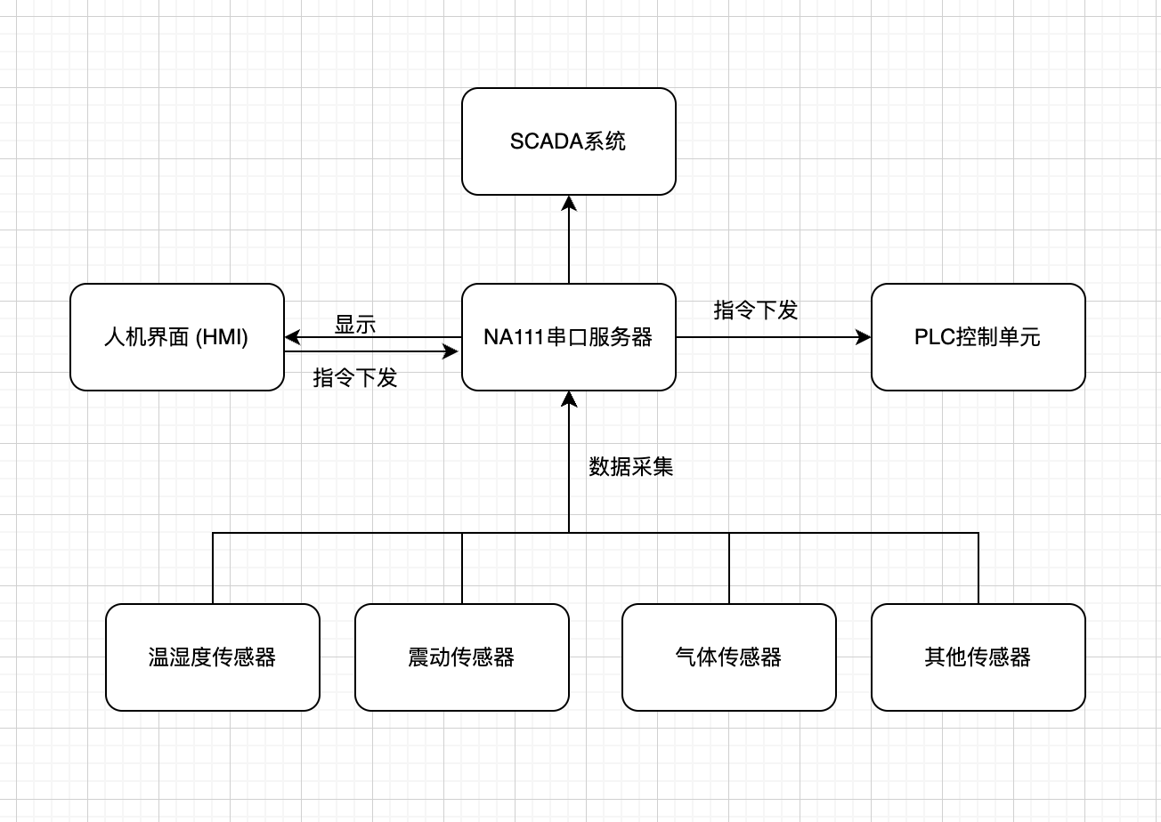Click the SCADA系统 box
point(568,141)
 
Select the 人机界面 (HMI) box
point(176,337)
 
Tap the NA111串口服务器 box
point(568,337)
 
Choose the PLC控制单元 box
point(978,337)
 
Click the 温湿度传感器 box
point(212,657)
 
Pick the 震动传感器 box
point(461,657)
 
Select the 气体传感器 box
point(728,657)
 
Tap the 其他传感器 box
point(978,657)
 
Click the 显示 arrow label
point(355,325)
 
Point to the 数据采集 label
point(630,466)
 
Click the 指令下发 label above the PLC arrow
point(755,310)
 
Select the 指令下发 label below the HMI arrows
point(355,377)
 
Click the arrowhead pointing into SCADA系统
point(569,204)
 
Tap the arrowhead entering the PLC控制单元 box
point(863,337)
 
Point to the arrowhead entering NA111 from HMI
point(451,351)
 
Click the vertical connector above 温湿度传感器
point(213,568)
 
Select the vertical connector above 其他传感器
point(978,568)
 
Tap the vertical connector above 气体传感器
point(729,568)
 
